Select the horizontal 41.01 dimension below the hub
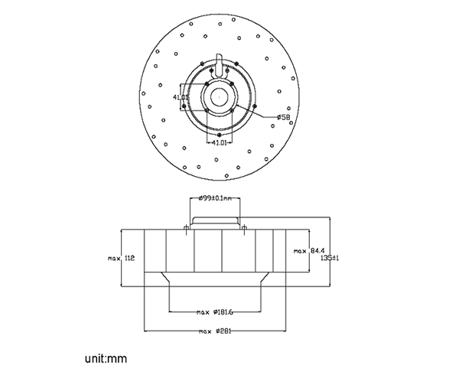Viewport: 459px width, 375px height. pyautogui.click(x=219, y=142)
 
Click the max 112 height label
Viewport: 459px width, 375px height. pyautogui.click(x=122, y=259)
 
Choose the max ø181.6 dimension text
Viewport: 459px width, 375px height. pyautogui.click(x=215, y=312)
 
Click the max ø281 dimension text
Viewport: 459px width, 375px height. pyautogui.click(x=215, y=331)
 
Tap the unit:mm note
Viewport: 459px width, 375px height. pyautogui.click(x=106, y=357)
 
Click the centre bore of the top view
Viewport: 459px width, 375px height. pyautogui.click(x=220, y=96)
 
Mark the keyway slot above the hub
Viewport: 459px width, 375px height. pyautogui.click(x=220, y=63)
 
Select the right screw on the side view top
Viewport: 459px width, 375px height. pyautogui.click(x=243, y=227)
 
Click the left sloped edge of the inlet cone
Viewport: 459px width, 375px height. pyautogui.click(x=163, y=276)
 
